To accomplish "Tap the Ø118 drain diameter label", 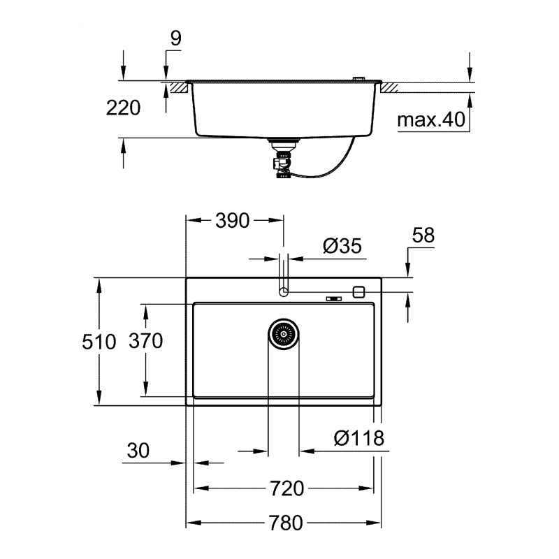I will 358,438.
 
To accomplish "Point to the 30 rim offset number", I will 138,451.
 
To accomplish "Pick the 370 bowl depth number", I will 145,341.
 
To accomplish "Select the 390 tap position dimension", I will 232,221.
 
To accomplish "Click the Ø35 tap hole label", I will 342,246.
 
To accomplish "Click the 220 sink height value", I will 123,108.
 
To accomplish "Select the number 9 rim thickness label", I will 175,38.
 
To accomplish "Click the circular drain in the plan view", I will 284,333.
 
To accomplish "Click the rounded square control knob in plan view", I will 359,291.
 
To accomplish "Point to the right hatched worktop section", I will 389,87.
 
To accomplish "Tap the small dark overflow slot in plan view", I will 334,300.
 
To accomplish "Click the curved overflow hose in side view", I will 335,164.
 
